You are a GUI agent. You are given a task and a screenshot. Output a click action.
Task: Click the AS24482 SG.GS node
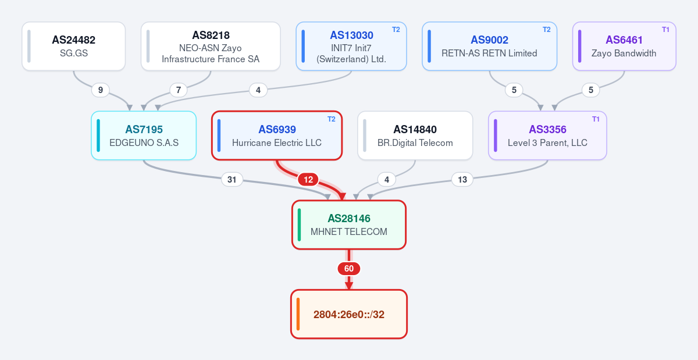tap(73, 46)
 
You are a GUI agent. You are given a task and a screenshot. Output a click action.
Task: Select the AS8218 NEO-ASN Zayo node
tap(211, 46)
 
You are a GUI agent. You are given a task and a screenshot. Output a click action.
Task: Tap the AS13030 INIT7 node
tap(351, 46)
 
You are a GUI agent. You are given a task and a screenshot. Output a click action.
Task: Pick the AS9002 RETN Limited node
tap(489, 46)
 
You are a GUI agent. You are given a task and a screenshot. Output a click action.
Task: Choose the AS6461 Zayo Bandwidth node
tap(624, 46)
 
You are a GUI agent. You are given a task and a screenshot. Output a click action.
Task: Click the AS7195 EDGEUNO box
tap(144, 136)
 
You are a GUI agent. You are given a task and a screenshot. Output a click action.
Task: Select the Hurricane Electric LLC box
tap(277, 136)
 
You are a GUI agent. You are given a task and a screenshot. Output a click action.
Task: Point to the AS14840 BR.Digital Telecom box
tap(415, 136)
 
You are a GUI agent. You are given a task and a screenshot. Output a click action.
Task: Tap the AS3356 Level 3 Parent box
tap(547, 136)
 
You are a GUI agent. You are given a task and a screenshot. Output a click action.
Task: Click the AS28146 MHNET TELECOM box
tap(349, 224)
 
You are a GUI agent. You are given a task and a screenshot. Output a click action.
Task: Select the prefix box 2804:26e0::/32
tap(349, 314)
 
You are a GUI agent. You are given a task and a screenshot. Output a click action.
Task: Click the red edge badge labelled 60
tap(349, 269)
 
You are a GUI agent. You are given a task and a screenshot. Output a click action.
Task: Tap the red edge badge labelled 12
tap(308, 180)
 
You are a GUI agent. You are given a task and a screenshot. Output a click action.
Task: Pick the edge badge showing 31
tap(232, 180)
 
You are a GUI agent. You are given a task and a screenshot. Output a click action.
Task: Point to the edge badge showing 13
tap(462, 180)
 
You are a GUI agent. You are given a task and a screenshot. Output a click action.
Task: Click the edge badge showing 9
tap(100, 90)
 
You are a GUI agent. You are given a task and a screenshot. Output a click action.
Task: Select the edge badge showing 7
tap(179, 90)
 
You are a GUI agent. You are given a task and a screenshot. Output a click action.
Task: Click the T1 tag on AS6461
tap(665, 30)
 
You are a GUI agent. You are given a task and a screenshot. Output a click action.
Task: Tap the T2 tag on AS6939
tap(332, 119)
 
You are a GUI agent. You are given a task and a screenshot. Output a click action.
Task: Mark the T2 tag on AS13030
tap(396, 30)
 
